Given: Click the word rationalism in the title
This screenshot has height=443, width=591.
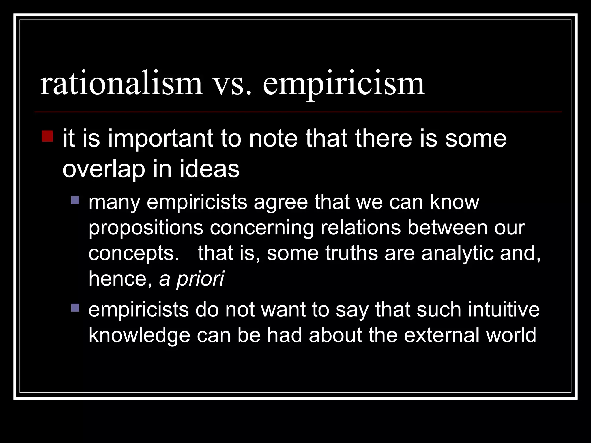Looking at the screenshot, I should point(121,84).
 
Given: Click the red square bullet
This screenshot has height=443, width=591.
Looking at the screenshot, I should point(47,136).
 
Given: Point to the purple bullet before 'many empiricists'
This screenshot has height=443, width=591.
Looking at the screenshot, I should point(75,200).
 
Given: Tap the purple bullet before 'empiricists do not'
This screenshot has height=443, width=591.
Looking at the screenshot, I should point(75,308).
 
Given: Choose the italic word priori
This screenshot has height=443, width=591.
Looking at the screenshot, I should point(200,279).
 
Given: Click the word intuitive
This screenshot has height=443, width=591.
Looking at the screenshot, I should point(504,310).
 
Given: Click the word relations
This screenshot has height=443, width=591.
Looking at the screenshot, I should point(361,228).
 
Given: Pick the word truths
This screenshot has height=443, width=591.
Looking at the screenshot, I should point(351,253).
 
